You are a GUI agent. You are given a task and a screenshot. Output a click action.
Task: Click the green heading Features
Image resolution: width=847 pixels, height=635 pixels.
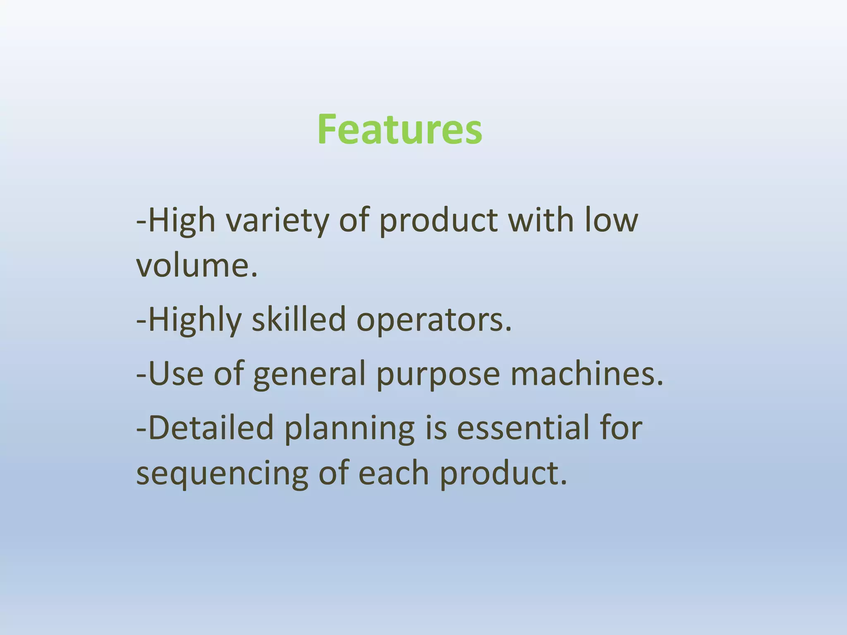[x=400, y=129]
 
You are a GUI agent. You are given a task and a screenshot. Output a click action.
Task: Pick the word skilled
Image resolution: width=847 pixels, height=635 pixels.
[x=299, y=320]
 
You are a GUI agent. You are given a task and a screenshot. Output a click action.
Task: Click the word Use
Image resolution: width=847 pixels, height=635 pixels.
[x=176, y=373]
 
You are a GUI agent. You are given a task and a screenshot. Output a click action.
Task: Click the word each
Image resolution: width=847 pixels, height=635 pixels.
[x=393, y=473]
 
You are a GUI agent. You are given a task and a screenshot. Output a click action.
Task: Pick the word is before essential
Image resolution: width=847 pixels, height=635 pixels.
[x=436, y=427]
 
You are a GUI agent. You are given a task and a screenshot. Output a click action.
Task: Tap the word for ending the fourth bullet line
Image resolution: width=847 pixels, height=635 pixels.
[x=621, y=427]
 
